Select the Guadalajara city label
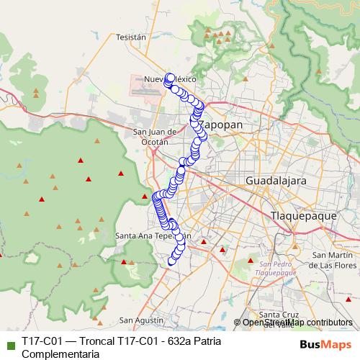pyautogui.click(x=276, y=180)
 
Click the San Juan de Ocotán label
pyautogui.click(x=156, y=137)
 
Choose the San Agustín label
pyautogui.click(x=138, y=320)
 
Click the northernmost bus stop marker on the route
pyautogui.click(x=170, y=76)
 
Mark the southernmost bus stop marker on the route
pyautogui.click(x=171, y=261)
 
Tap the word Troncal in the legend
pyautogui.click(x=91, y=341)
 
